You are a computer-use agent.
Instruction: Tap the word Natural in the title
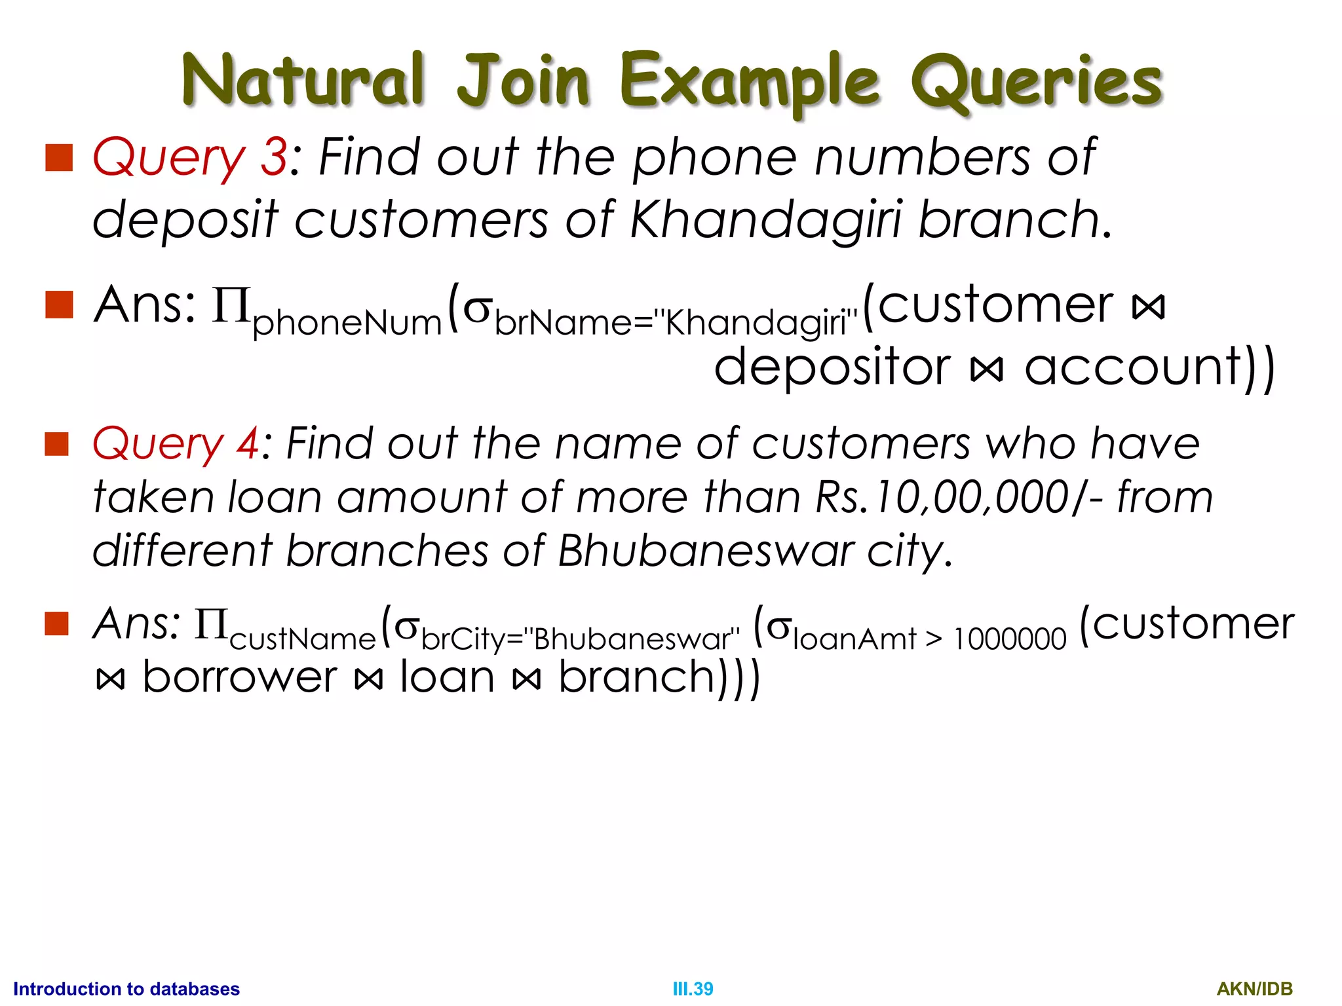303,80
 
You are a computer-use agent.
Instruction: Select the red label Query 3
190,158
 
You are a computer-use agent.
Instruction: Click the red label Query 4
176,444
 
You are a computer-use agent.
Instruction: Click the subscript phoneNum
347,324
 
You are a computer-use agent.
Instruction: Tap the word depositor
832,367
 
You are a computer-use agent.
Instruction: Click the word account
1134,367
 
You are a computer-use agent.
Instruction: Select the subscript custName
303,639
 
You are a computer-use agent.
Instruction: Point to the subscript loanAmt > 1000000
929,639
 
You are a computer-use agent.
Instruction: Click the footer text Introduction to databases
126,989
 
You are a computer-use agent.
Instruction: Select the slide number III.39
693,989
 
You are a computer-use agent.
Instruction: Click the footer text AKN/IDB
1254,989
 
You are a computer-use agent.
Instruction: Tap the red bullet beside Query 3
59,158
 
